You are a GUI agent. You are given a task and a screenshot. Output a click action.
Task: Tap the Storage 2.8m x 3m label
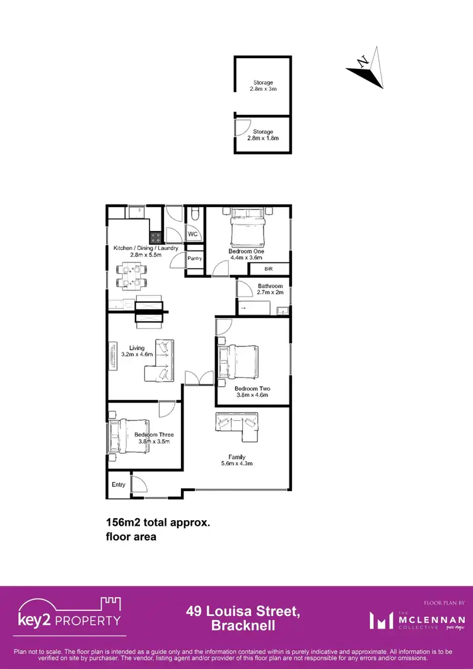pyautogui.click(x=263, y=86)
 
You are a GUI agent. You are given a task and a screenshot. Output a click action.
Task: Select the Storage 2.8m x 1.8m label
pyautogui.click(x=263, y=135)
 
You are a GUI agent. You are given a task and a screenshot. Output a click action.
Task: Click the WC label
pyautogui.click(x=194, y=235)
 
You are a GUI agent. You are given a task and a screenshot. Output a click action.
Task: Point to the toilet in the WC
pyautogui.click(x=195, y=217)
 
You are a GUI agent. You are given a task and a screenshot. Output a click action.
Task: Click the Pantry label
pyautogui.click(x=194, y=258)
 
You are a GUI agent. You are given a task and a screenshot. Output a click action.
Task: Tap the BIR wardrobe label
pyautogui.click(x=268, y=269)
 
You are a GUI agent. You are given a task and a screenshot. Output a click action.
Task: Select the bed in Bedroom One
pyautogui.click(x=247, y=228)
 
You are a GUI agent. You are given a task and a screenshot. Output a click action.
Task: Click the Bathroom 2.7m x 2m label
pyautogui.click(x=270, y=290)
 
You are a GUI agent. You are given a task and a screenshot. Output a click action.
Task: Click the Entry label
pyautogui.click(x=119, y=485)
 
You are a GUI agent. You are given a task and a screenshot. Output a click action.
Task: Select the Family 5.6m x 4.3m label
pyautogui.click(x=237, y=460)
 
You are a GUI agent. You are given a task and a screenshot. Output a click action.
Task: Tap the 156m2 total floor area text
pyautogui.click(x=157, y=530)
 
